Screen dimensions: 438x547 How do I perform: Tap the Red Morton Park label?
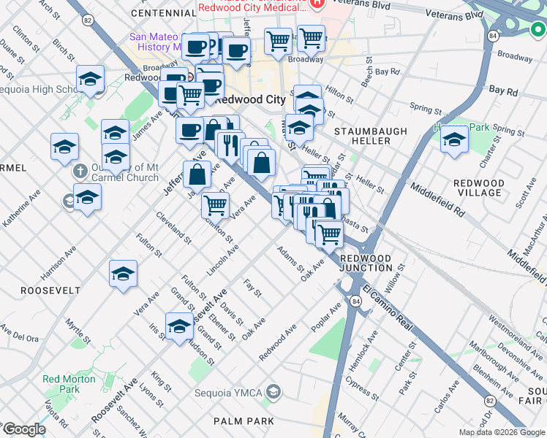pos(69,384)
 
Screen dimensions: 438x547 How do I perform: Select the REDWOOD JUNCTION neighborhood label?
pos(366,263)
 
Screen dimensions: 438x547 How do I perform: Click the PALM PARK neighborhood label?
pos(244,421)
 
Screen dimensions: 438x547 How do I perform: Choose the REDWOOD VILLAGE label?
pos(479,188)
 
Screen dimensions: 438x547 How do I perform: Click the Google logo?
pos(23,429)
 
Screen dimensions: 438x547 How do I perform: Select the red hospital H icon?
pos(317,4)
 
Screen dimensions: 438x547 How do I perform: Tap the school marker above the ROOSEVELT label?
pos(123,274)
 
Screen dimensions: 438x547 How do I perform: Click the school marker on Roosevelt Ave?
pos(179,326)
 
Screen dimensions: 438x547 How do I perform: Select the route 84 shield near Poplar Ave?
pos(355,301)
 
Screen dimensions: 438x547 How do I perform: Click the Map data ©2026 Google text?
pos(502,432)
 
